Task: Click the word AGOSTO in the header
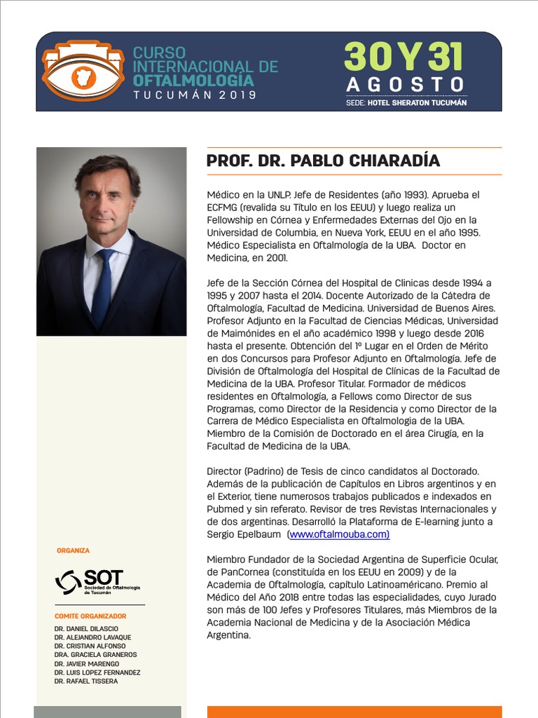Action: click(x=406, y=85)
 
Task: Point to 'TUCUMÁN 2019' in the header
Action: click(x=195, y=94)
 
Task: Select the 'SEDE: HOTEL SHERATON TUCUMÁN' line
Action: click(x=406, y=102)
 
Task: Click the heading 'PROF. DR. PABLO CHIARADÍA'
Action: click(x=323, y=161)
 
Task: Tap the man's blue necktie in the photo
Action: click(x=103, y=287)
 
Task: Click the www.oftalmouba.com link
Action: click(x=339, y=534)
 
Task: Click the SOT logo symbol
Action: click(x=67, y=581)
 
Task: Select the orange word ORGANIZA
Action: click(x=73, y=550)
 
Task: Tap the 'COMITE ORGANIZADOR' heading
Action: click(x=90, y=616)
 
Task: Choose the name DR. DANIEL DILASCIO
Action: click(x=86, y=628)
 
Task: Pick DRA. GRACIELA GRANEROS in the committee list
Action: click(x=95, y=655)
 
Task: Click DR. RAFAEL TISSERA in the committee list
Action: click(x=85, y=681)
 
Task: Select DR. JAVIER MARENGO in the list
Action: click(x=86, y=663)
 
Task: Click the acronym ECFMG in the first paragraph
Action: click(x=225, y=207)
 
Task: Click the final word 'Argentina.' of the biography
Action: click(x=228, y=635)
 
